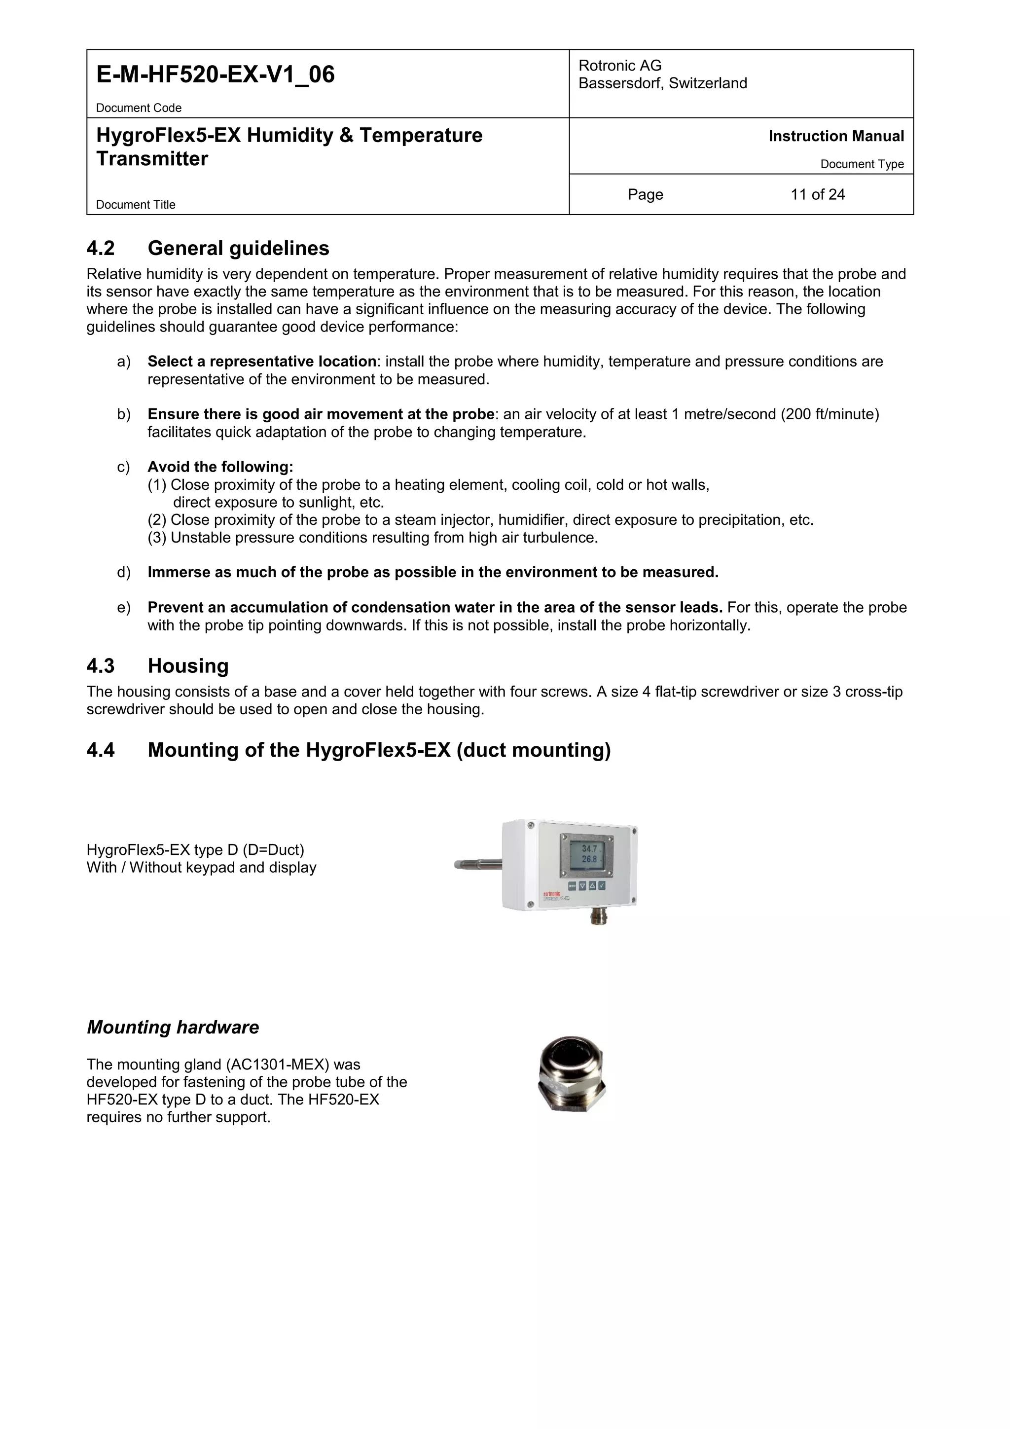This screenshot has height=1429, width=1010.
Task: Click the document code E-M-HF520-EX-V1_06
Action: [216, 74]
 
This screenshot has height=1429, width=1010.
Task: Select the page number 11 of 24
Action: [817, 195]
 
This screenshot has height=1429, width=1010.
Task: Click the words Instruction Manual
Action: [836, 136]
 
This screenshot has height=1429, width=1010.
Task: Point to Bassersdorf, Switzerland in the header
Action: [662, 83]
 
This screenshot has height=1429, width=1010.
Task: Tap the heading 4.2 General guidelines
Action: [208, 248]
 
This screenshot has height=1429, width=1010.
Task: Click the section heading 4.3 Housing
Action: [157, 666]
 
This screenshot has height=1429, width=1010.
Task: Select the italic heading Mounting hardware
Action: [173, 1027]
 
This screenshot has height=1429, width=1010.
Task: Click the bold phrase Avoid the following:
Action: [220, 467]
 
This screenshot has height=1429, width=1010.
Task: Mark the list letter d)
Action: [124, 573]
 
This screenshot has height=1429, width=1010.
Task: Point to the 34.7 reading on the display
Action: [589, 849]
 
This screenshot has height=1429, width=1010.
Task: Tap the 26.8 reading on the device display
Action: [589, 859]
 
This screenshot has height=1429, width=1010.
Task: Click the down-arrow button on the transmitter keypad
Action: [582, 885]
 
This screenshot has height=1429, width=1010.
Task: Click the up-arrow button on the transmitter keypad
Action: [592, 885]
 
